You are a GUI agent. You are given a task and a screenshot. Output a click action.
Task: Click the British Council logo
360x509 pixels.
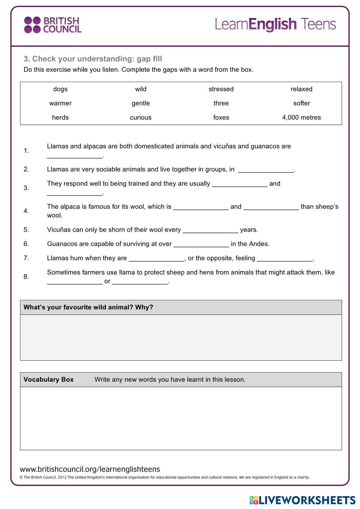pyautogui.click(x=53, y=25)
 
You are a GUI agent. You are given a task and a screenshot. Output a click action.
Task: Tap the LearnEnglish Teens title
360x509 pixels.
pyautogui.click(x=275, y=24)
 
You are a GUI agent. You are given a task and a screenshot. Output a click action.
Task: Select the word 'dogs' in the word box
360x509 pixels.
pyautogui.click(x=60, y=89)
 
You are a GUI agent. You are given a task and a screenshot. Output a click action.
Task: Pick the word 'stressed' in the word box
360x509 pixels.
pyautogui.click(x=221, y=89)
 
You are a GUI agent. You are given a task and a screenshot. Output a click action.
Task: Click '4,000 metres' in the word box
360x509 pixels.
pyautogui.click(x=301, y=118)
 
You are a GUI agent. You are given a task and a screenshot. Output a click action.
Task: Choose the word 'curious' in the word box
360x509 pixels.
pyautogui.click(x=141, y=118)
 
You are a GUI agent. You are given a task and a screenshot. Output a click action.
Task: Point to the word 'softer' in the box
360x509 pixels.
pyautogui.click(x=301, y=103)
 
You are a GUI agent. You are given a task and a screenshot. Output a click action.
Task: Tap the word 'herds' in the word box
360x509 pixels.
pyautogui.click(x=60, y=118)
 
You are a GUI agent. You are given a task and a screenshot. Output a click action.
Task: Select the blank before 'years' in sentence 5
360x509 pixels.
pyautogui.click(x=210, y=230)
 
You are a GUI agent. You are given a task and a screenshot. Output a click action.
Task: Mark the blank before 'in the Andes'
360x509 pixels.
pyautogui.click(x=201, y=244)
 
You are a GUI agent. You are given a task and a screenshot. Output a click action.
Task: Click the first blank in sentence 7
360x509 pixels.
pyautogui.click(x=156, y=259)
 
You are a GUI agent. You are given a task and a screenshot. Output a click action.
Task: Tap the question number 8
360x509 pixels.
pyautogui.click(x=26, y=277)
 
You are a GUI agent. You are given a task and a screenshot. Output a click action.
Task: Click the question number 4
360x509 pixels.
pyautogui.click(x=26, y=211)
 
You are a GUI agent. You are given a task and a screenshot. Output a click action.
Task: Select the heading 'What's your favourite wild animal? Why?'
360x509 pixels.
pyautogui.click(x=88, y=307)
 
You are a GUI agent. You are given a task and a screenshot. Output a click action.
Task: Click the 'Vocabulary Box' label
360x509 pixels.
pyautogui.click(x=49, y=380)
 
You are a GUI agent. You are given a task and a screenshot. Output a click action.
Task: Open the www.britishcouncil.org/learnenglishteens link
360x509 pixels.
pyautogui.click(x=90, y=469)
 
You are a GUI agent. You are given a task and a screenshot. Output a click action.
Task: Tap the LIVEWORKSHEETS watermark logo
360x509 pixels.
pyautogui.click(x=302, y=500)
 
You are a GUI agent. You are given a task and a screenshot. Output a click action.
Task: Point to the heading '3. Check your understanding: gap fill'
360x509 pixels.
pyautogui.click(x=93, y=59)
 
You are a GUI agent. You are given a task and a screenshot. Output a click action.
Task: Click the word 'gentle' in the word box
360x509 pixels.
pyautogui.click(x=141, y=103)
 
